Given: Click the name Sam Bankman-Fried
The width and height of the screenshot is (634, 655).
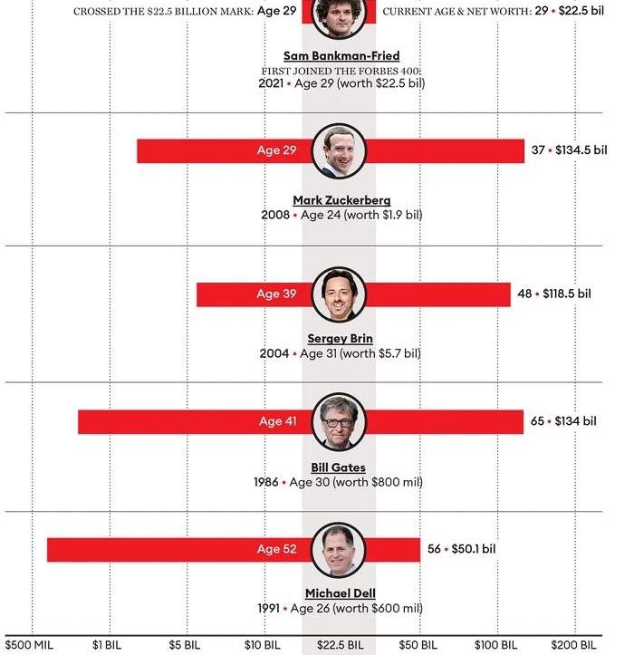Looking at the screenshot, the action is coord(341,55).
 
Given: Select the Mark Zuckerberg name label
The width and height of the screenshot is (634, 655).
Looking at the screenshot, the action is coord(341,200).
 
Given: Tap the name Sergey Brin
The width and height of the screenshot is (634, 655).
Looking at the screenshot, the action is coord(340,338).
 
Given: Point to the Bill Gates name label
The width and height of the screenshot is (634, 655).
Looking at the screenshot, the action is coord(339,467).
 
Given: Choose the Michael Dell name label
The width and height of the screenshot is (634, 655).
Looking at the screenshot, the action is coord(341,593).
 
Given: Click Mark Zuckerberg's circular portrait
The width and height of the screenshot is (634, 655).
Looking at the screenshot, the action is coord(339,151).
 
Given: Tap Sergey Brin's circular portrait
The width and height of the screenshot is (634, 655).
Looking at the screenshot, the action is coord(339,294).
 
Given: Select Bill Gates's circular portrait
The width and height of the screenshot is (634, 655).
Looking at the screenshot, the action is coord(339,421).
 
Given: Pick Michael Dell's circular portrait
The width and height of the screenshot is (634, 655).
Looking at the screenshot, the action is coord(339,550).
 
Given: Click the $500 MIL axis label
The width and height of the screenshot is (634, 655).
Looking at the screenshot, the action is coord(29,645).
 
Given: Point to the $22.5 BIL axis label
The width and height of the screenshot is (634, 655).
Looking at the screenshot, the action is coord(340,645).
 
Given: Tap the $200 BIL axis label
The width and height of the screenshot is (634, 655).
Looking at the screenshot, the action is coord(573,645).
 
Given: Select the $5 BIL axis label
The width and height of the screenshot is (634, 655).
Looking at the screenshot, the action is coord(185,645).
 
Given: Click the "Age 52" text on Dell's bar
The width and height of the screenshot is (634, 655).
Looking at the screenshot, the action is coord(277,548).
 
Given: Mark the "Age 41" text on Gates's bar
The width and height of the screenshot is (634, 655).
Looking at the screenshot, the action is coord(278,421).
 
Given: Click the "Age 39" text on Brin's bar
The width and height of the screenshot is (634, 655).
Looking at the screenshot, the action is coord(276,294).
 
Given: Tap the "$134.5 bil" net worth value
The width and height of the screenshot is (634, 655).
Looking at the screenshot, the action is coord(581,150).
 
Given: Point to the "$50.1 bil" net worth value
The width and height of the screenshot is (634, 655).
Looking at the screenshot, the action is coord(474,548).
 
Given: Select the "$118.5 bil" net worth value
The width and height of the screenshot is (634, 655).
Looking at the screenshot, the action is coord(567,294).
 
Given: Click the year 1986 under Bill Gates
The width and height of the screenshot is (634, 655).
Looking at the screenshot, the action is coord(266,482).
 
